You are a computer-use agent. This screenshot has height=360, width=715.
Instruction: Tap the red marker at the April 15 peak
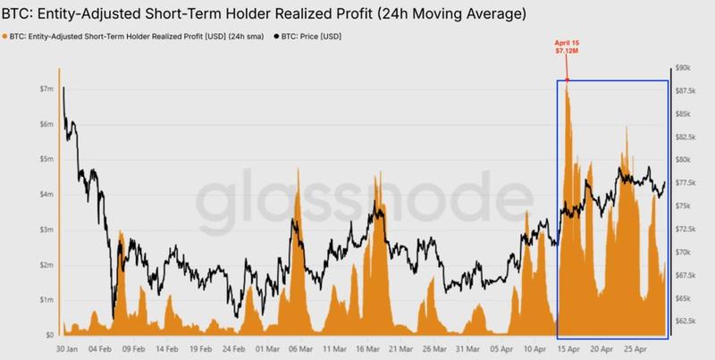point(568,80)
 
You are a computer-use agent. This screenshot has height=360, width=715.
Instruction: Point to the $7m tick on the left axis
point(46,90)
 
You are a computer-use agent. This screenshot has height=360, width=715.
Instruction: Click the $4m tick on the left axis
point(46,195)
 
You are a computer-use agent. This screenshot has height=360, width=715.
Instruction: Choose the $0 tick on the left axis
point(49,335)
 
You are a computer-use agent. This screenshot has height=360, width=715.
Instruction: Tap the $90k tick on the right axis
point(685,68)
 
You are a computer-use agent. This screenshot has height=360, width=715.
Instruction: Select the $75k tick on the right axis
point(685,205)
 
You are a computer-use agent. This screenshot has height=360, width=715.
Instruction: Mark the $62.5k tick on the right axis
point(685,321)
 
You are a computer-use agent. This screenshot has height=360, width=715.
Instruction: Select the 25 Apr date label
point(636,350)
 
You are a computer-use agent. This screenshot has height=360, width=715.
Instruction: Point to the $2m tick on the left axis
point(46,265)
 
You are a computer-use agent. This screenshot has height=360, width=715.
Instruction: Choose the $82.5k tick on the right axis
point(685,137)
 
